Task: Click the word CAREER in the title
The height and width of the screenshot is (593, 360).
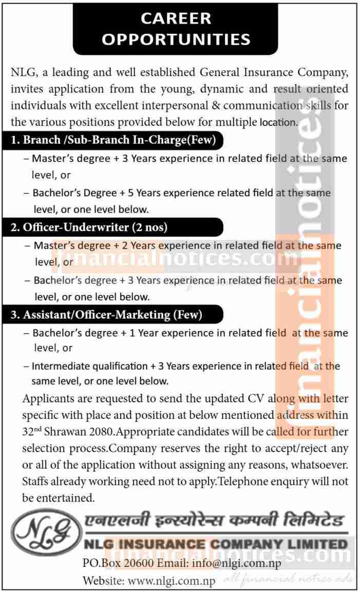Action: coord(176,18)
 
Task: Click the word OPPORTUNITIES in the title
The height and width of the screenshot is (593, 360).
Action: coord(176,39)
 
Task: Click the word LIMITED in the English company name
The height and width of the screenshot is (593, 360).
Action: coord(315,543)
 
